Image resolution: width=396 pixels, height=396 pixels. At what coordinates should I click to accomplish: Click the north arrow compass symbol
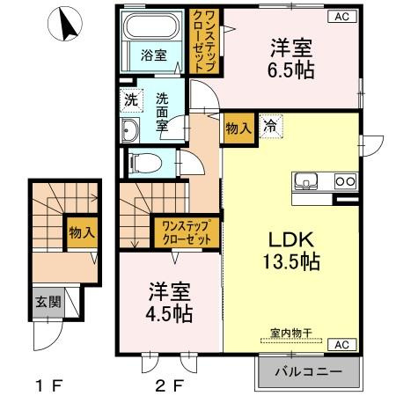67,24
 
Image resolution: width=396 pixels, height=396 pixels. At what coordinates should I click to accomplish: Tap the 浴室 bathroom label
153,55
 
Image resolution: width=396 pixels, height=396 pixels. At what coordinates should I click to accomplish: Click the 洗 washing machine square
129,99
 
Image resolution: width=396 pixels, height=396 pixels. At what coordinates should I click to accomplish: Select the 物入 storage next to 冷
239,127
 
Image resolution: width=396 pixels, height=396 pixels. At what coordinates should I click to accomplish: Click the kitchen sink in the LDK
307,183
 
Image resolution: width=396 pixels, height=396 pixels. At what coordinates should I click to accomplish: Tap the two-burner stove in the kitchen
343,183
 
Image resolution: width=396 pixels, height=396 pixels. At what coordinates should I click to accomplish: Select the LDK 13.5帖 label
292,249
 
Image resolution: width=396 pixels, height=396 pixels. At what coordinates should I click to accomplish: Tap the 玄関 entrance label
48,301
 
